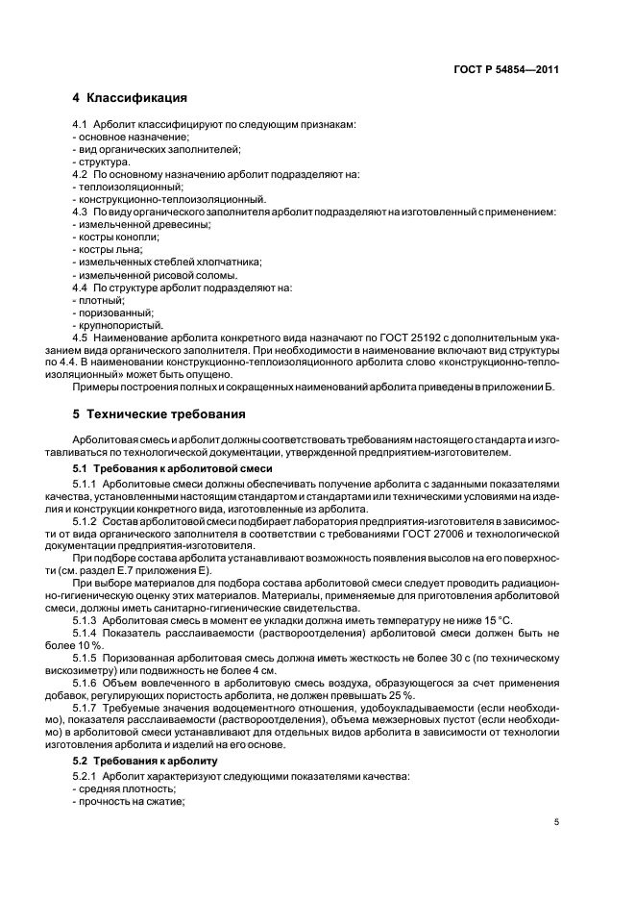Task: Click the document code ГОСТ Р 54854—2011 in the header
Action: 505,69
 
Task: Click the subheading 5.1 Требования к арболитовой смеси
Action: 177,467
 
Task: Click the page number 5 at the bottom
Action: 556,822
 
